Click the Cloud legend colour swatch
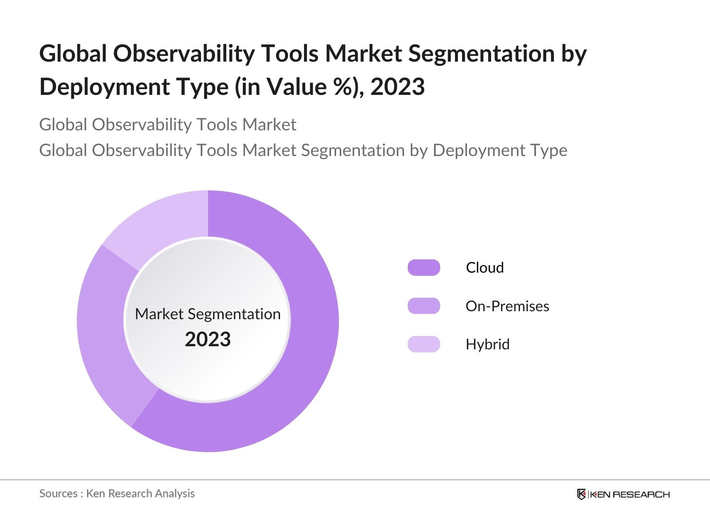(x=424, y=268)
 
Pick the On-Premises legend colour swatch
(x=424, y=306)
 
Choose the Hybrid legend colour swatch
(x=424, y=344)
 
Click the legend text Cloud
(x=485, y=268)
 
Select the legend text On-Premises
(x=507, y=306)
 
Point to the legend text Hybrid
(x=487, y=344)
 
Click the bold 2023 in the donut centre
(x=208, y=340)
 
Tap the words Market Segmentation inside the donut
(x=208, y=314)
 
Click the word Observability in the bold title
(x=183, y=54)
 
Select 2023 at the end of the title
(x=398, y=87)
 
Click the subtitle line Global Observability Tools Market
(x=167, y=125)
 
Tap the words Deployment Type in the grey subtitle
(x=500, y=150)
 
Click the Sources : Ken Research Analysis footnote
(x=117, y=493)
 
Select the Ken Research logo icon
(x=581, y=494)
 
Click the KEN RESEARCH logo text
(x=630, y=494)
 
